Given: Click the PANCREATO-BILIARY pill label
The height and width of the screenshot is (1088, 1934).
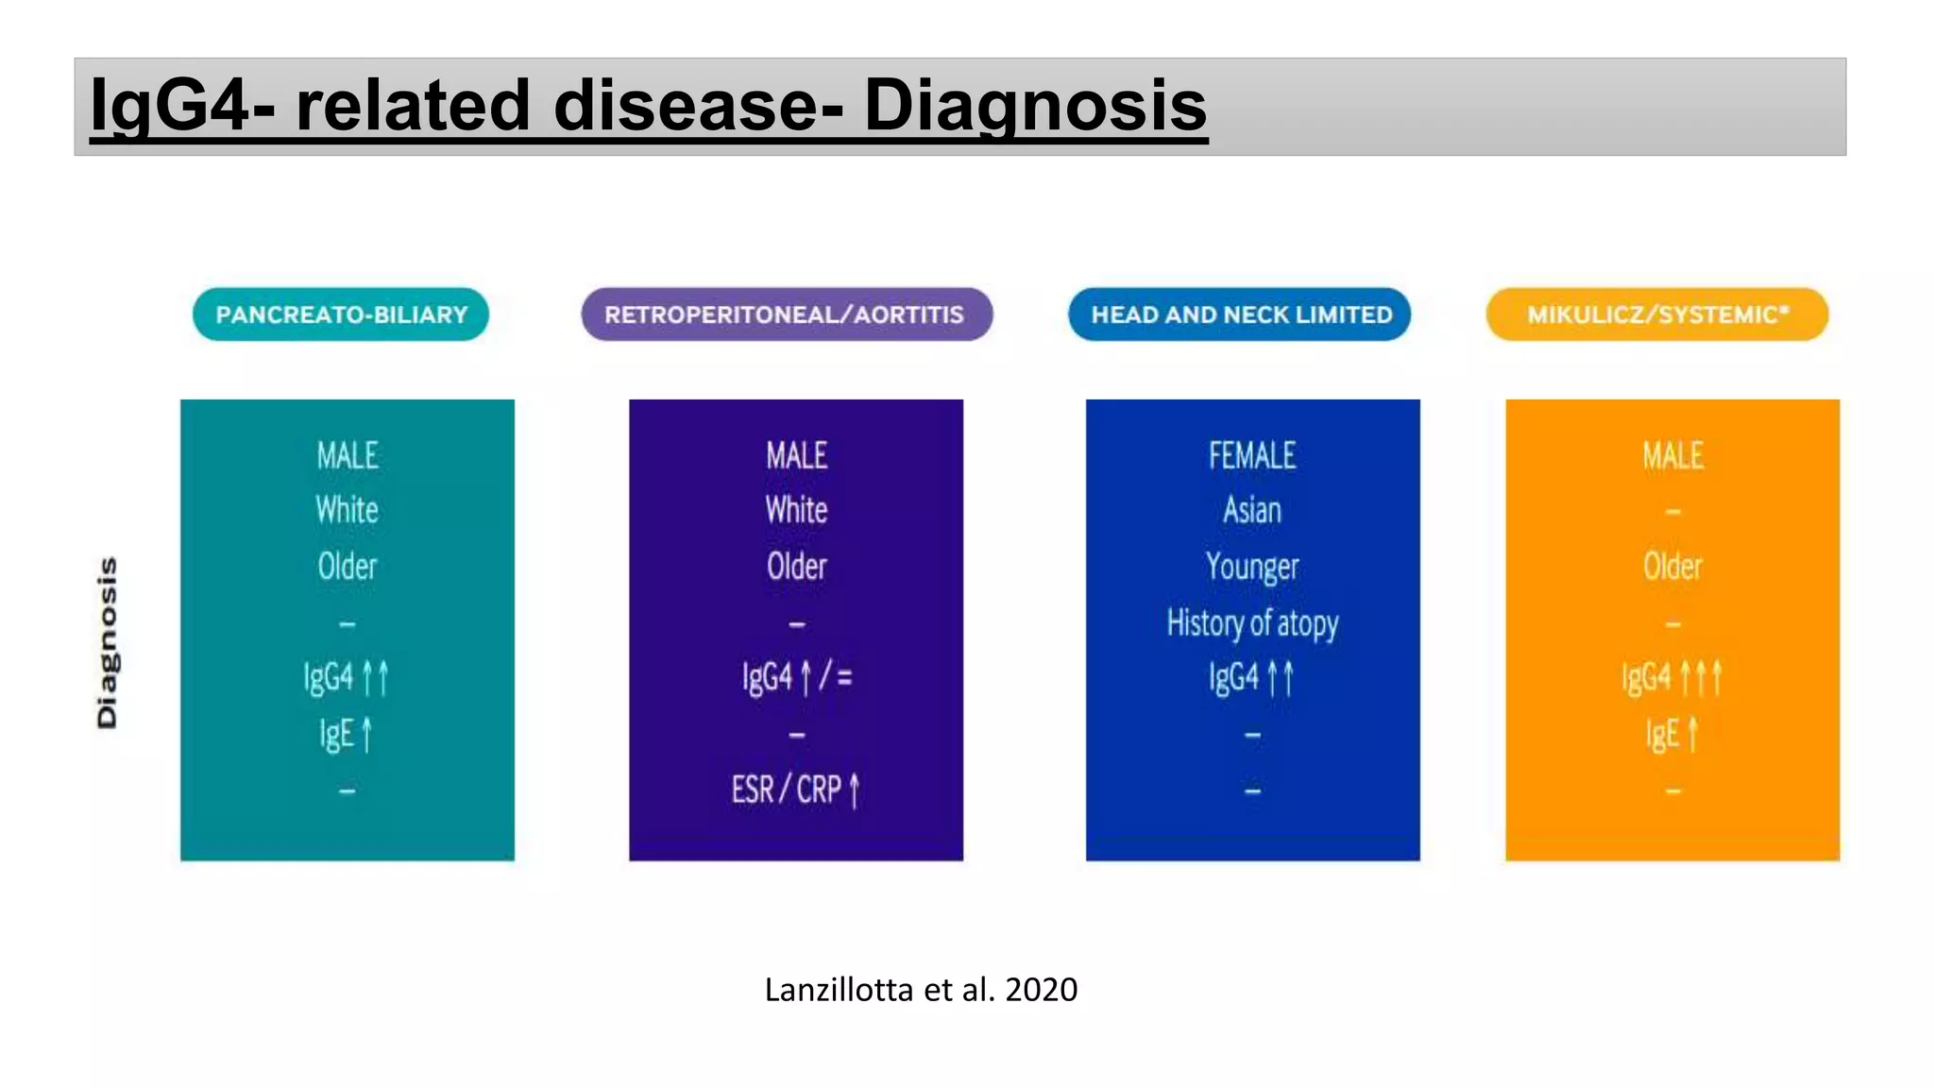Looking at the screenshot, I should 341,314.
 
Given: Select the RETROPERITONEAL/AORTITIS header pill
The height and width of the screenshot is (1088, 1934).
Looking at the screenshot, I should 786,314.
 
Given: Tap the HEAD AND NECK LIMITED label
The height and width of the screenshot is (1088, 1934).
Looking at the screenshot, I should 1240,314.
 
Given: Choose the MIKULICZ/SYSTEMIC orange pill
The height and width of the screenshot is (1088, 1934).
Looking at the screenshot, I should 1657,314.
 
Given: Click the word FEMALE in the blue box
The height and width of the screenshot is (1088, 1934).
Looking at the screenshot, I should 1252,456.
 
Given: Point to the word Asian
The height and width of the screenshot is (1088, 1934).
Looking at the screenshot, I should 1252,511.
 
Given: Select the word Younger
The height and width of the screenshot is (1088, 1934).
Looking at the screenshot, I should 1252,567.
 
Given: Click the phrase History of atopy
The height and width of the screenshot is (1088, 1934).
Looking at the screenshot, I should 1252,623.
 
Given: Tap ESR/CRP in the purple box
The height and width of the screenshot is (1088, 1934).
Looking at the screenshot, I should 795,790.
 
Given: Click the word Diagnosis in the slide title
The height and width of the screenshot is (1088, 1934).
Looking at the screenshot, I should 1035,105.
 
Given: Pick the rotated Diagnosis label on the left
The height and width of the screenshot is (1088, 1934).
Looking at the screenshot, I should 108,642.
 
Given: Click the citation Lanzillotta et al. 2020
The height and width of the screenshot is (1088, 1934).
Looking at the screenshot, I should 921,990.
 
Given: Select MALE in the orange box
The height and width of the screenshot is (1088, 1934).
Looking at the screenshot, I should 1672,456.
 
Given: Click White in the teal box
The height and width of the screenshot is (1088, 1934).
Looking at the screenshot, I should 348,511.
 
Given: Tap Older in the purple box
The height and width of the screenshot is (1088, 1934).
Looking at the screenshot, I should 796,567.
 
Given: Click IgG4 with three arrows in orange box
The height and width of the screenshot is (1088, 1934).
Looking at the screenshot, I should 1671,678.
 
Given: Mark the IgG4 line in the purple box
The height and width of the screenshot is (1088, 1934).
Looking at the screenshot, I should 796,677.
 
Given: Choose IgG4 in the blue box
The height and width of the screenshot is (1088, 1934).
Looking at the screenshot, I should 1251,678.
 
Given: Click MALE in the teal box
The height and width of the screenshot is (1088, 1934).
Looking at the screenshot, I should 348,456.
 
